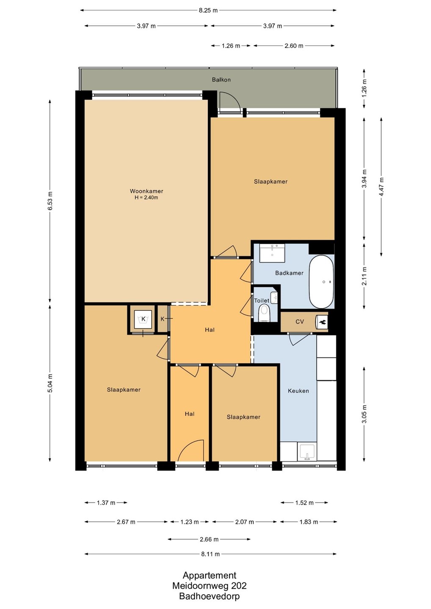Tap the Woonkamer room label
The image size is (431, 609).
(146, 191)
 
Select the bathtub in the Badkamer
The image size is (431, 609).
(321, 282)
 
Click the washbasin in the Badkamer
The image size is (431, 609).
(272, 253)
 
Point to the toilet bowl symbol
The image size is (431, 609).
(264, 313)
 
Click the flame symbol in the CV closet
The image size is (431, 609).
(323, 322)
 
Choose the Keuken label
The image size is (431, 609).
(298, 391)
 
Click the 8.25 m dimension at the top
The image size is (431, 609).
(208, 10)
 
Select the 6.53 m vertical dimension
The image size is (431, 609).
(50, 201)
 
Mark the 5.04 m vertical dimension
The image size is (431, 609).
(50, 383)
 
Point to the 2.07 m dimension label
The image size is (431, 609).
(244, 522)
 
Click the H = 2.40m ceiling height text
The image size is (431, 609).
(146, 198)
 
